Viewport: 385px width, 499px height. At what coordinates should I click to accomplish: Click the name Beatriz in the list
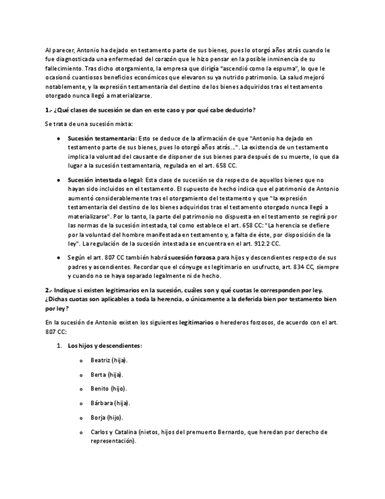(101, 360)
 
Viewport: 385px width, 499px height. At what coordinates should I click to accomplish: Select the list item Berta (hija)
(106, 374)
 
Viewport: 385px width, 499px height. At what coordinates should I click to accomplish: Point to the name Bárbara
(101, 403)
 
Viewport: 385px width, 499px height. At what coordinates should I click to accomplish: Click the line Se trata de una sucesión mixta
(89, 124)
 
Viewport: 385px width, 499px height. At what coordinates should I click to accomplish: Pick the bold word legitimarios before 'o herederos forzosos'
(196, 322)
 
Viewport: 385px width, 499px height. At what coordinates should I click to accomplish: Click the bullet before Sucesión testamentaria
(59, 138)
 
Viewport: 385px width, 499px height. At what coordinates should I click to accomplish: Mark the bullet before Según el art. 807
(59, 258)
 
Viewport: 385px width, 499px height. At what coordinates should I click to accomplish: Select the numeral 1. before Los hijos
(59, 345)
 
